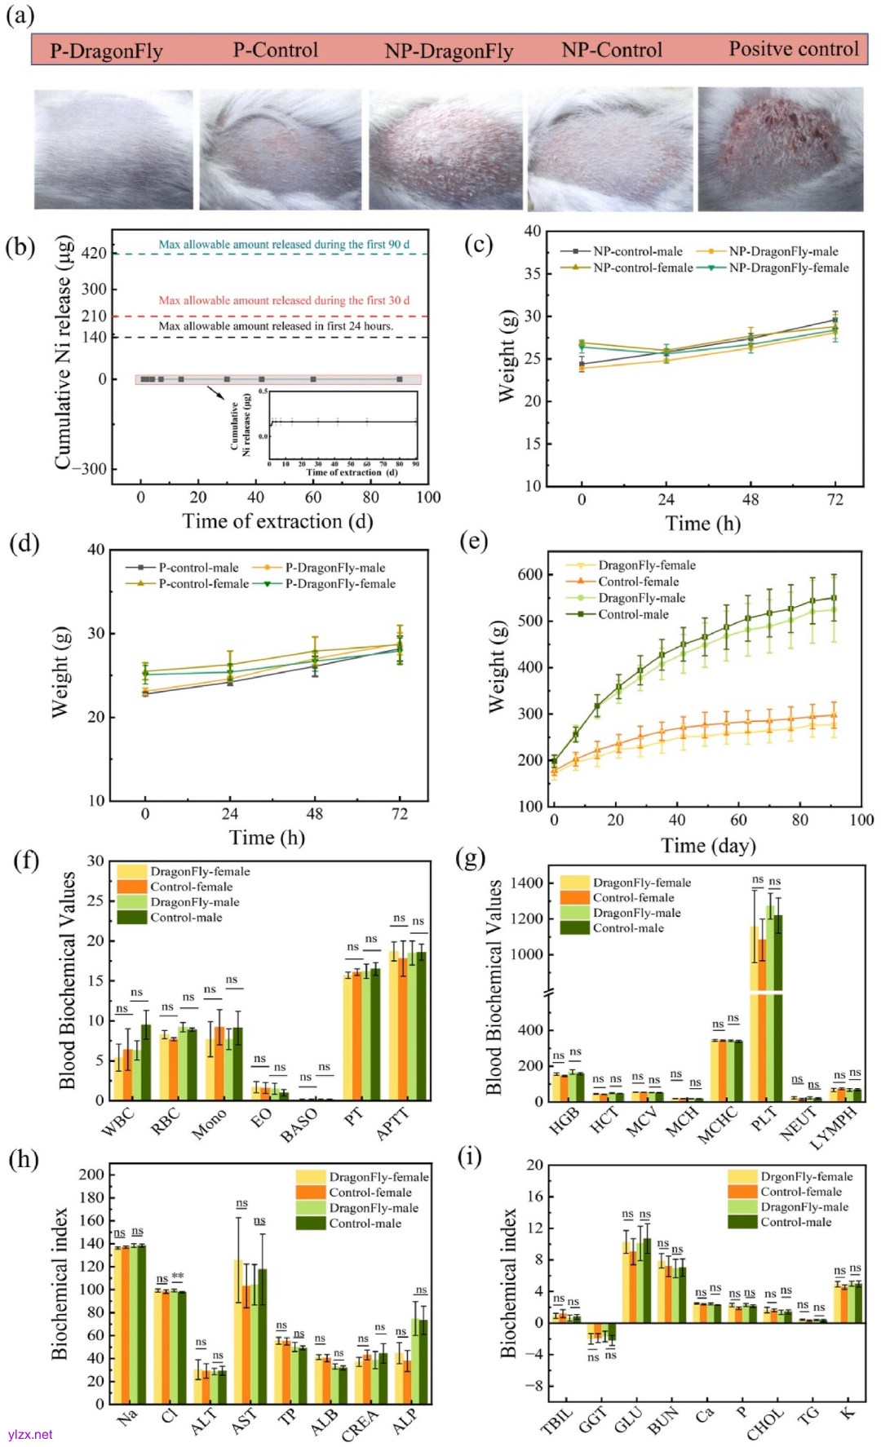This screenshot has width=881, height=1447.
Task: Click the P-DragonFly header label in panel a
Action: coord(106,51)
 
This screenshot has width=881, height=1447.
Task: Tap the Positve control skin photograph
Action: coord(780,149)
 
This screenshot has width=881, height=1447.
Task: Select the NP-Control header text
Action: coord(611,51)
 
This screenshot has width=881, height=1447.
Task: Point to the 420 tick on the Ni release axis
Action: coord(94,254)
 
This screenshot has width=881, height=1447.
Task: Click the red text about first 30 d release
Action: coord(284,300)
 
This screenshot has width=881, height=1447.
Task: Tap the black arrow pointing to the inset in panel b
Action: coord(216,392)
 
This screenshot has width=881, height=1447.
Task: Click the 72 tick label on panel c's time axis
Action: coord(835,499)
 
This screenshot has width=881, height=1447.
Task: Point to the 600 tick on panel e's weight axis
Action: coord(530,574)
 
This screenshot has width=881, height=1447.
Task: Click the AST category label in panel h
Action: coord(243,1422)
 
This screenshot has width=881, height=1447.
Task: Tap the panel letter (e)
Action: coord(473,541)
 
